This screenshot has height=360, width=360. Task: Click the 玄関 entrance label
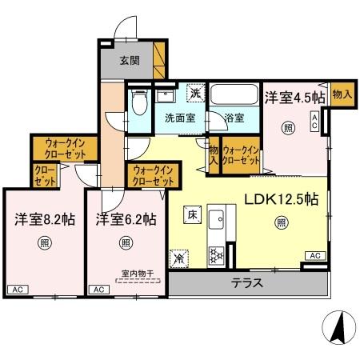pyautogui.click(x=130, y=60)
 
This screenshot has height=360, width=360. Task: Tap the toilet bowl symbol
pyautogui.click(x=140, y=105)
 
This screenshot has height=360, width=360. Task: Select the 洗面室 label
pyautogui.click(x=180, y=118)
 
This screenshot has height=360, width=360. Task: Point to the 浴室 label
pyautogui.click(x=234, y=118)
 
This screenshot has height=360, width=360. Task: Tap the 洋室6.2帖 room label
pyautogui.click(x=126, y=218)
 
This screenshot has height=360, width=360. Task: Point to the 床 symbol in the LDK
pyautogui.click(x=192, y=215)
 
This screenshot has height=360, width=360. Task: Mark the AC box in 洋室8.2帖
pyautogui.click(x=18, y=289)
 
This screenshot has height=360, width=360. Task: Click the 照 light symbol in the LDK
pyautogui.click(x=280, y=225)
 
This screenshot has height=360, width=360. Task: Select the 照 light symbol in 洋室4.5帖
pyautogui.click(x=287, y=127)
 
